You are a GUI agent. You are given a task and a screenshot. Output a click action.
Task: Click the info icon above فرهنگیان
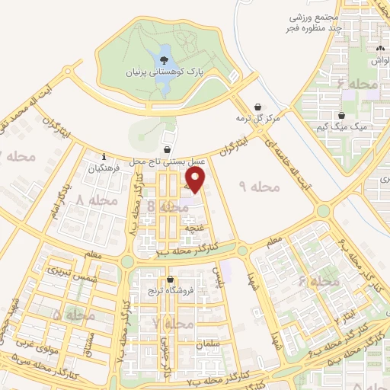[104, 158]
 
